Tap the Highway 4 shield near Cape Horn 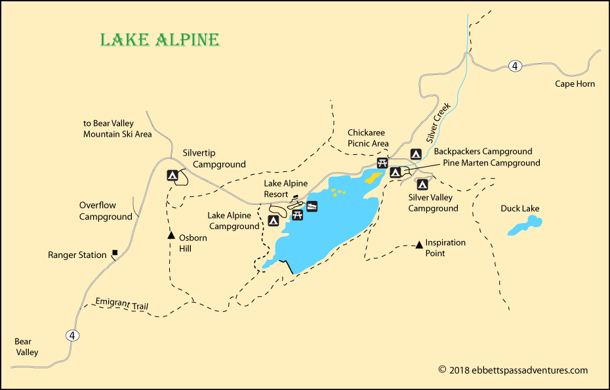coord(516,66)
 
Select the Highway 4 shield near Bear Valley coord(73,336)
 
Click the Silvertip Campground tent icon coord(173,175)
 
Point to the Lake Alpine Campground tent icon coord(274,221)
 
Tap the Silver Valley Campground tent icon coord(421,184)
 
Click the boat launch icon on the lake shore coord(312,206)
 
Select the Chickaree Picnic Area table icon coord(382,163)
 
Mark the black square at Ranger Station coord(115,252)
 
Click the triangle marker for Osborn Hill coord(171,235)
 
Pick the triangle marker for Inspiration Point coord(419,246)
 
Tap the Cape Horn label coord(575,84)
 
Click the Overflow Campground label coord(106,211)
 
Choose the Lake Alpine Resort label coord(285,188)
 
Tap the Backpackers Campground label coord(483,152)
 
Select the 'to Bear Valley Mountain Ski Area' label coord(117,129)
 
